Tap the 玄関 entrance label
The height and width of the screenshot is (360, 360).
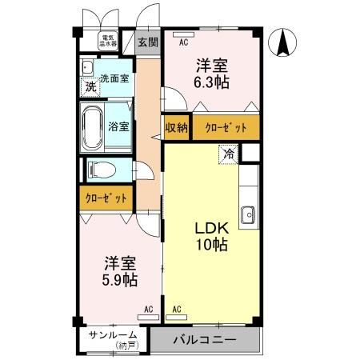(x=147, y=42)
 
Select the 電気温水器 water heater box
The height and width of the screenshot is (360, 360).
(x=106, y=39)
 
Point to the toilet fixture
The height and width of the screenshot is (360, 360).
(x=100, y=169)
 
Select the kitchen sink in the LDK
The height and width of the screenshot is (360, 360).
(x=248, y=214)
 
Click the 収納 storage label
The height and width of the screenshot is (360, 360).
(x=176, y=127)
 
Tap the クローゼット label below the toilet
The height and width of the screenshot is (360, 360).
(x=106, y=197)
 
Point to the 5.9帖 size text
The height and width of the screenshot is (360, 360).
(x=118, y=280)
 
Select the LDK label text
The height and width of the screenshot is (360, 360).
(x=212, y=227)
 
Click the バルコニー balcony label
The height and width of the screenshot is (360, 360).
(x=206, y=340)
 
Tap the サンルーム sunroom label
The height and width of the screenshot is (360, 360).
(x=110, y=334)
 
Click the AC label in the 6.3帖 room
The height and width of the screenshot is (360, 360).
(x=184, y=43)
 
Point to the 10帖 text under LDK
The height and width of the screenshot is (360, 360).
(x=212, y=246)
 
